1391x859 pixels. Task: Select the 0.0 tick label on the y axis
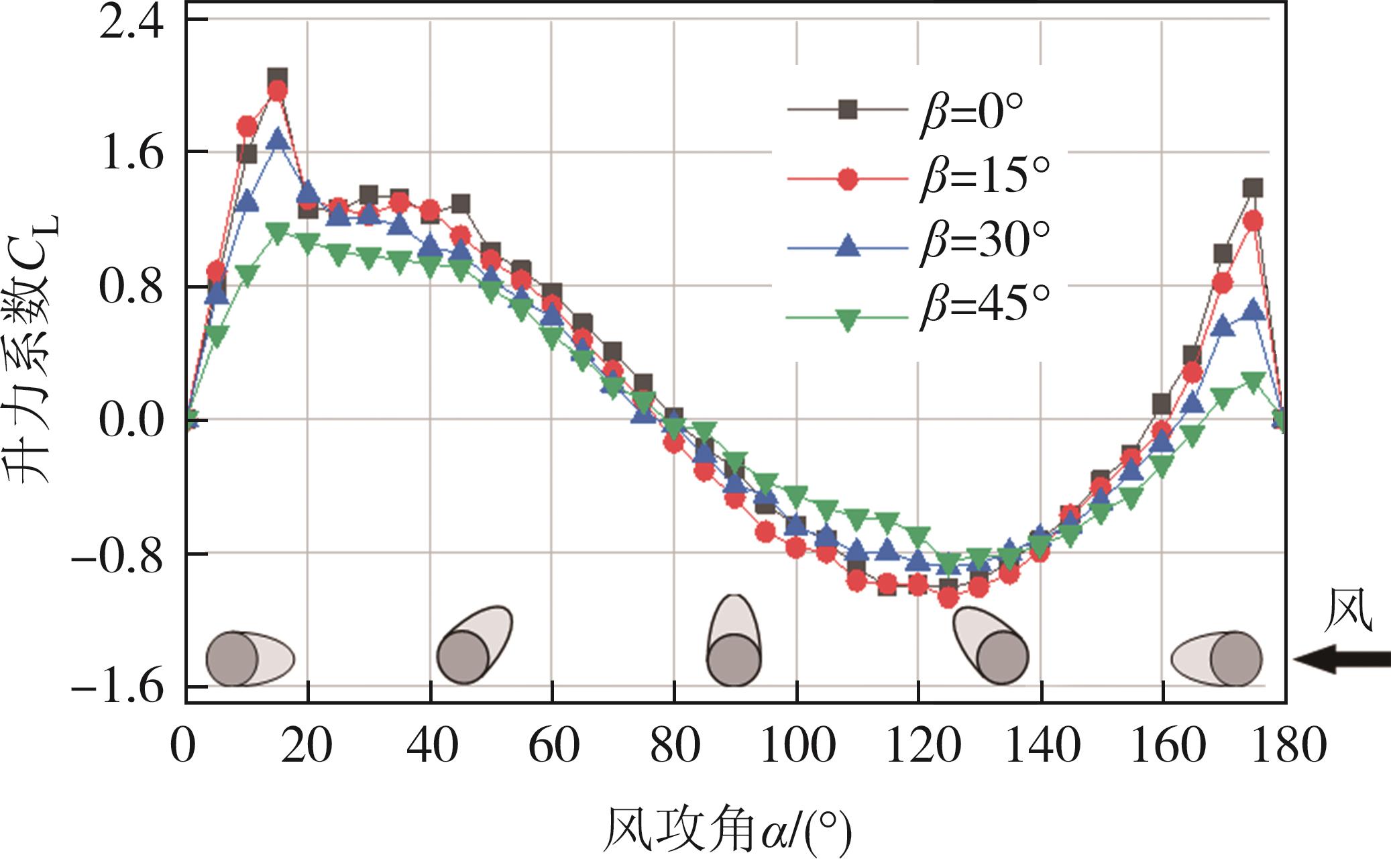pos(131,421)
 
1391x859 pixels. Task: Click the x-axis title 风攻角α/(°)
pos(727,829)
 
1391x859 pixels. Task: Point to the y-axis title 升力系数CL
pos(34,349)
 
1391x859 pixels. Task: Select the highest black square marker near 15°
pos(278,77)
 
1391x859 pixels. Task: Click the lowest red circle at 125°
pos(948,598)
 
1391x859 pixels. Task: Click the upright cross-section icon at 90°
pos(735,641)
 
